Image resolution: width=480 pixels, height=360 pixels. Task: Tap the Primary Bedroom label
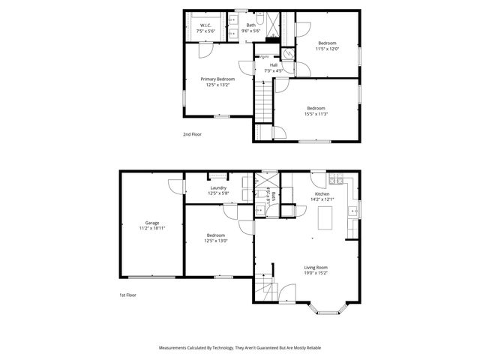pyautogui.click(x=217, y=79)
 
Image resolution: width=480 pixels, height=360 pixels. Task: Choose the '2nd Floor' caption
pyautogui.click(x=193, y=134)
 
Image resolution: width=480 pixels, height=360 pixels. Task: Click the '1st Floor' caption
pyautogui.click(x=128, y=295)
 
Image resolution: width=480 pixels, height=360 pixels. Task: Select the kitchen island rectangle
pyautogui.click(x=326, y=219)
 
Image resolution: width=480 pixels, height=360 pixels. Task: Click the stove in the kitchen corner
pyautogui.click(x=337, y=180)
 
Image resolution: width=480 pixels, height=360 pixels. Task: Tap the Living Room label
pyautogui.click(x=315, y=268)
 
